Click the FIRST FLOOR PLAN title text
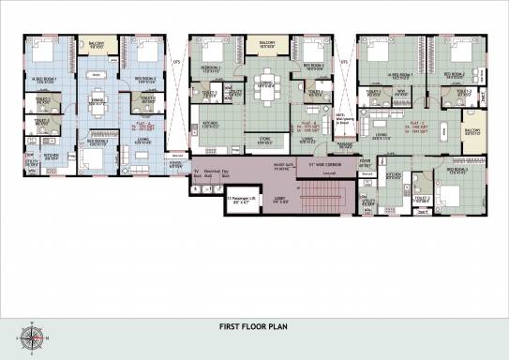(254, 327)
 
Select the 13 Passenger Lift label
(241, 199)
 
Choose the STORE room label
(266, 139)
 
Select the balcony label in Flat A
(96, 43)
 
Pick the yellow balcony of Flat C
(472, 131)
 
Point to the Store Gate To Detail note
(277, 167)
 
